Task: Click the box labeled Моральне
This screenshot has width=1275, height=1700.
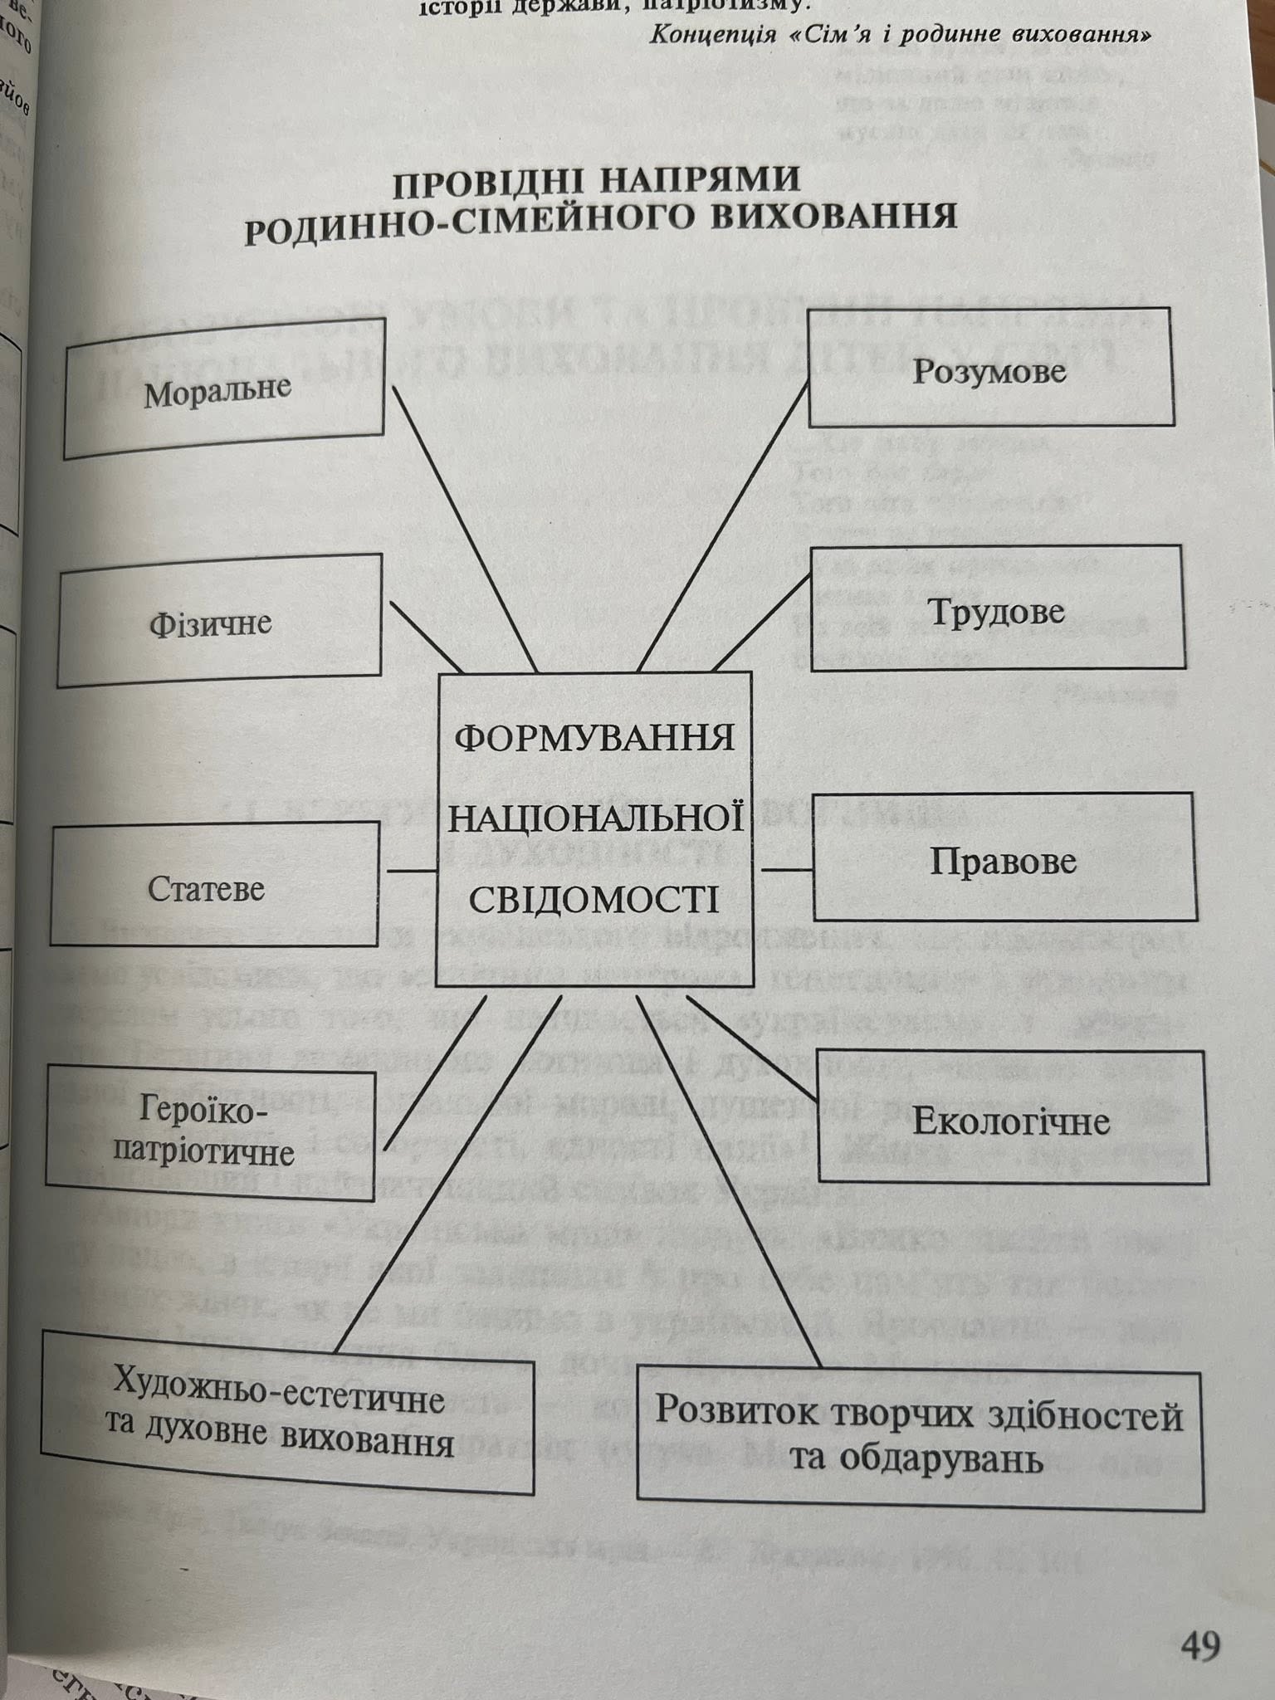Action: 222,388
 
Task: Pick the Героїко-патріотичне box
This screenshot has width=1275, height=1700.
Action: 208,1134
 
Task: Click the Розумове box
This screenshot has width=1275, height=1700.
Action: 989,369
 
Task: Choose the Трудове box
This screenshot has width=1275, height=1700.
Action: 996,609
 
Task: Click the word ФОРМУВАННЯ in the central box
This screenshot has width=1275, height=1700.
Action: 594,736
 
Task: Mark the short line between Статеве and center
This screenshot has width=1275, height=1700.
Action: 412,871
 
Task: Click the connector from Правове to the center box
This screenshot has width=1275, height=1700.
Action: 787,870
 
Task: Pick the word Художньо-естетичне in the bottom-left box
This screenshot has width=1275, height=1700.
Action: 277,1396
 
